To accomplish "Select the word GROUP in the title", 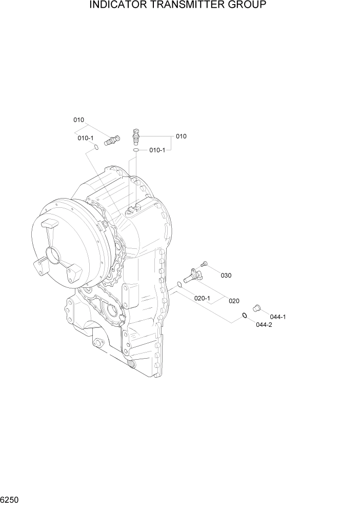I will point(248,6).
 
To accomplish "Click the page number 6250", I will point(10,499).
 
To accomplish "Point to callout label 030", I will point(226,276).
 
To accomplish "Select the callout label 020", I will point(234,301).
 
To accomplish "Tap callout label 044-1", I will point(277,317).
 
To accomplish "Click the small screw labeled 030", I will point(205,264).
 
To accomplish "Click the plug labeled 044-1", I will point(257,308).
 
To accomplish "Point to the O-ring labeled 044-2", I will point(245,315).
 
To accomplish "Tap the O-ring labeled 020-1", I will point(179,284).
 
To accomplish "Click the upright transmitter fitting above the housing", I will point(136,137).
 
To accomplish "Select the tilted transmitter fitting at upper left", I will point(111,139).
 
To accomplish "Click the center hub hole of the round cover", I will point(54,255).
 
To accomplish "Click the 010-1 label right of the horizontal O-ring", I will point(157,150).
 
